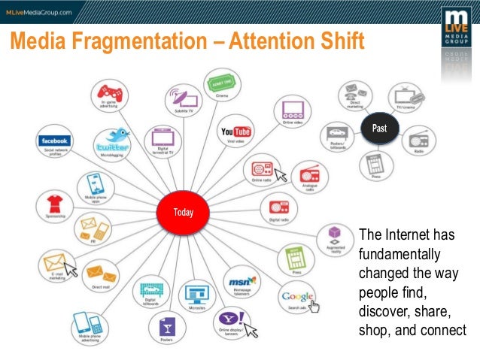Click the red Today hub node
pyautogui.click(x=184, y=212)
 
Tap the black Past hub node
pyautogui.click(x=378, y=129)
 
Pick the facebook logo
pyautogui.click(x=55, y=141)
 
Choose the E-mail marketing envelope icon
pyautogui.click(x=54, y=264)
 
